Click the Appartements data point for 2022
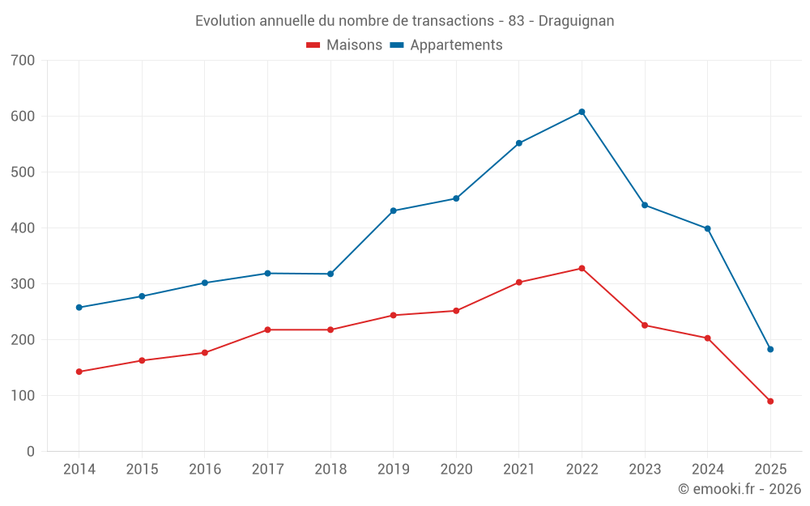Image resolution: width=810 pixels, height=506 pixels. click(582, 112)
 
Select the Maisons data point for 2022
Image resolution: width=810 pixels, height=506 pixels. click(582, 268)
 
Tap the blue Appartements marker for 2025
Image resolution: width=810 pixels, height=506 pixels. click(770, 349)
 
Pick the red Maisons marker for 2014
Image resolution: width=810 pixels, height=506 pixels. click(79, 372)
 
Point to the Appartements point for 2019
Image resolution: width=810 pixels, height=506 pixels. click(393, 210)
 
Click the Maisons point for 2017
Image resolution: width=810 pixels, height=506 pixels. click(267, 330)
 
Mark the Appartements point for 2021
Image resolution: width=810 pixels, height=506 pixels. click(519, 143)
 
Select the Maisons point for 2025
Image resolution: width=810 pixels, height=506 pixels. click(770, 401)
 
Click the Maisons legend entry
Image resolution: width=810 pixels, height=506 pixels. click(344, 45)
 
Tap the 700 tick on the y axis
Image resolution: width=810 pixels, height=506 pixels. click(23, 60)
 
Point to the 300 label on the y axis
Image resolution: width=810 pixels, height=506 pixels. click(23, 283)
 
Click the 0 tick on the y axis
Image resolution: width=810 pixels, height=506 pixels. click(31, 451)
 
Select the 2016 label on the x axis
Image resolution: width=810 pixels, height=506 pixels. click(204, 470)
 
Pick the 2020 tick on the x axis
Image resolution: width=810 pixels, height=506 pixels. click(456, 470)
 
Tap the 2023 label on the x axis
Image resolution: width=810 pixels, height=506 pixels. click(645, 470)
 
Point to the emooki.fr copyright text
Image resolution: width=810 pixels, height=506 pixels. click(739, 489)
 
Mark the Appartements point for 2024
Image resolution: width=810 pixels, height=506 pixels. click(707, 228)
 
